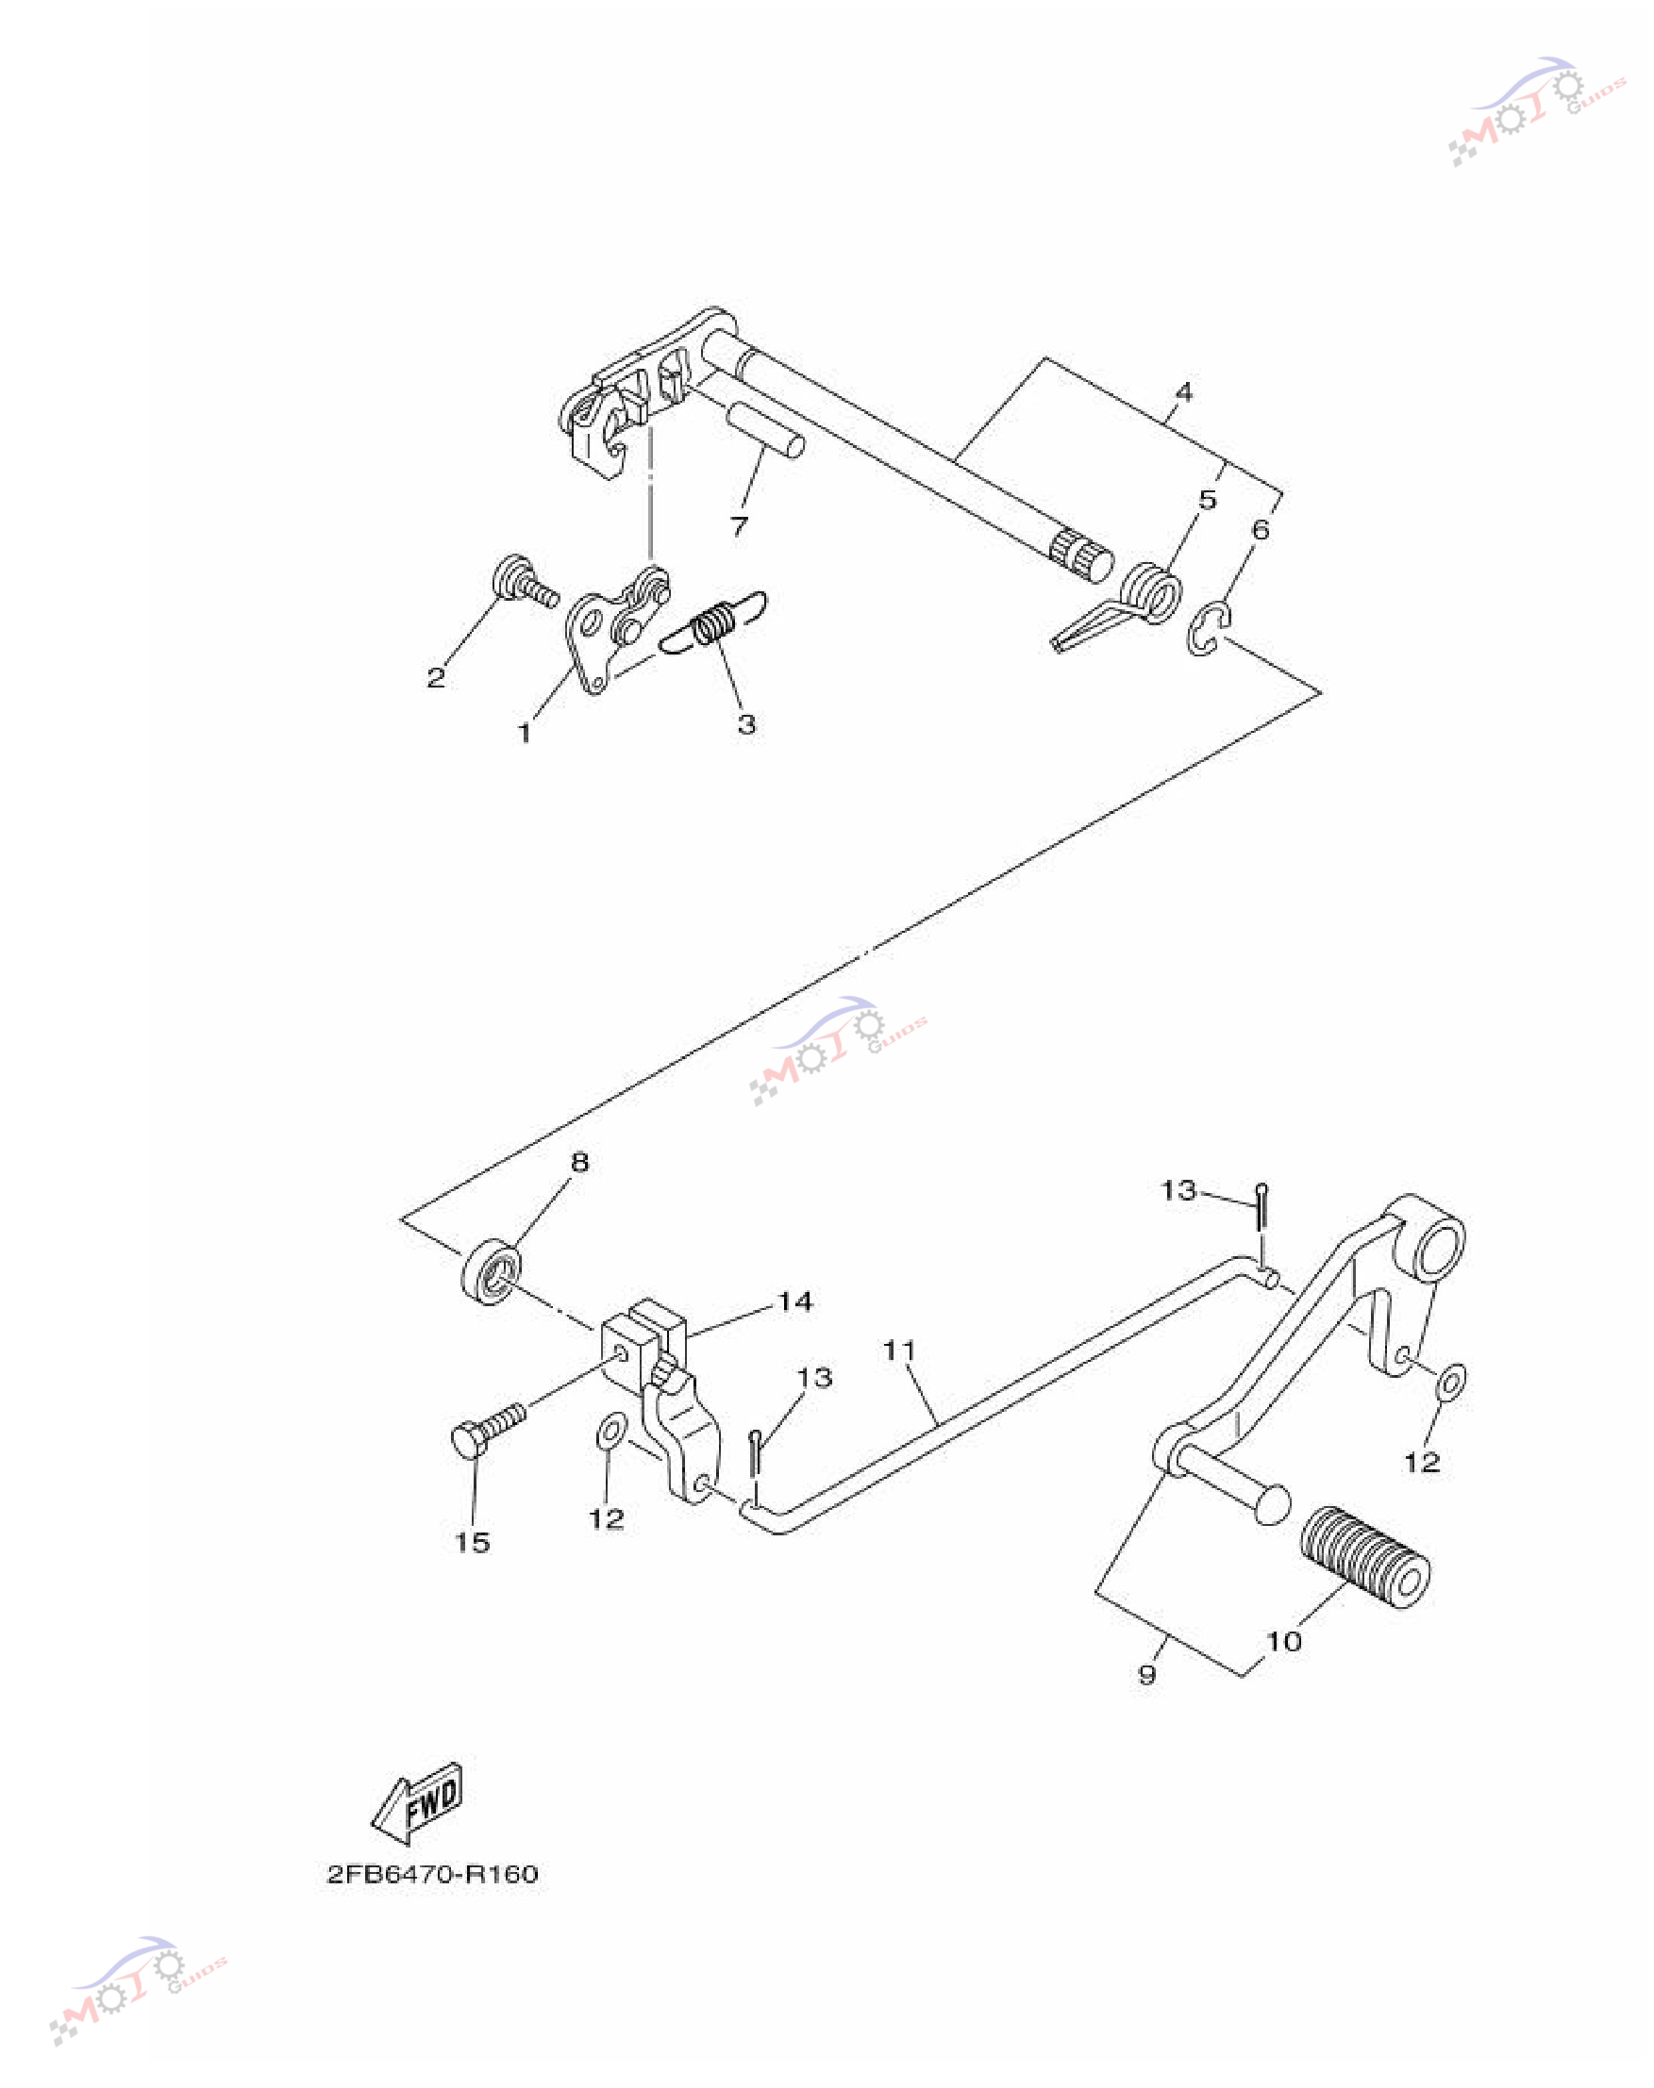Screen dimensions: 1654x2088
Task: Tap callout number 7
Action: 739,525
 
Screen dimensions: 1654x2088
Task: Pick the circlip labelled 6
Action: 1208,629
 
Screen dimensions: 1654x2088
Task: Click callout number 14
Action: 795,1302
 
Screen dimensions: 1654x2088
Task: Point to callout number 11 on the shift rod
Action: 899,1351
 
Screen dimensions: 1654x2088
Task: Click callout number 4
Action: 1183,392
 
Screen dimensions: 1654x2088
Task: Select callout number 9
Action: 1147,1674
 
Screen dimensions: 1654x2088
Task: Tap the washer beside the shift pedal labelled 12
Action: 1450,1383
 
